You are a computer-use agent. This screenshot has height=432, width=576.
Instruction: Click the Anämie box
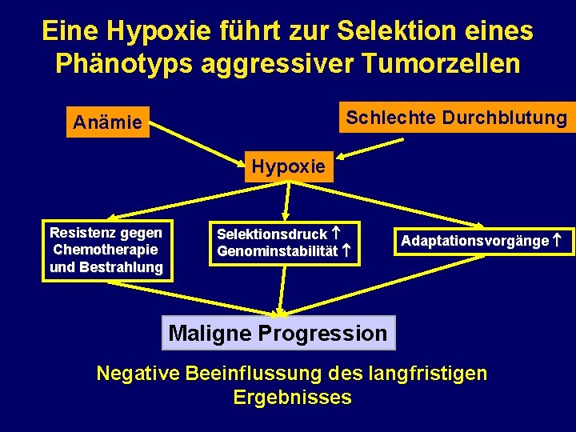[107, 122]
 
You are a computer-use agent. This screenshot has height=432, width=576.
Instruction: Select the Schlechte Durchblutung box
[456, 118]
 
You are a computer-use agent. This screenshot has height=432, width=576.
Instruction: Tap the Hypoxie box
[289, 166]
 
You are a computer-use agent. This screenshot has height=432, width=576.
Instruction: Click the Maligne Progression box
[278, 333]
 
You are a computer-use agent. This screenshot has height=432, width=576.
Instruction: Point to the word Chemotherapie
[106, 250]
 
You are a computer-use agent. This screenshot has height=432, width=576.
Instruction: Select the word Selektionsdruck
[272, 234]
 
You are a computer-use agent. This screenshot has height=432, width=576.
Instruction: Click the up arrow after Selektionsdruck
[337, 234]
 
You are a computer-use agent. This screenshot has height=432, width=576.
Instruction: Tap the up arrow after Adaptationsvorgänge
[557, 240]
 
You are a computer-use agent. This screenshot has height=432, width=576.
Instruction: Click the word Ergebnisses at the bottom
[292, 398]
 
